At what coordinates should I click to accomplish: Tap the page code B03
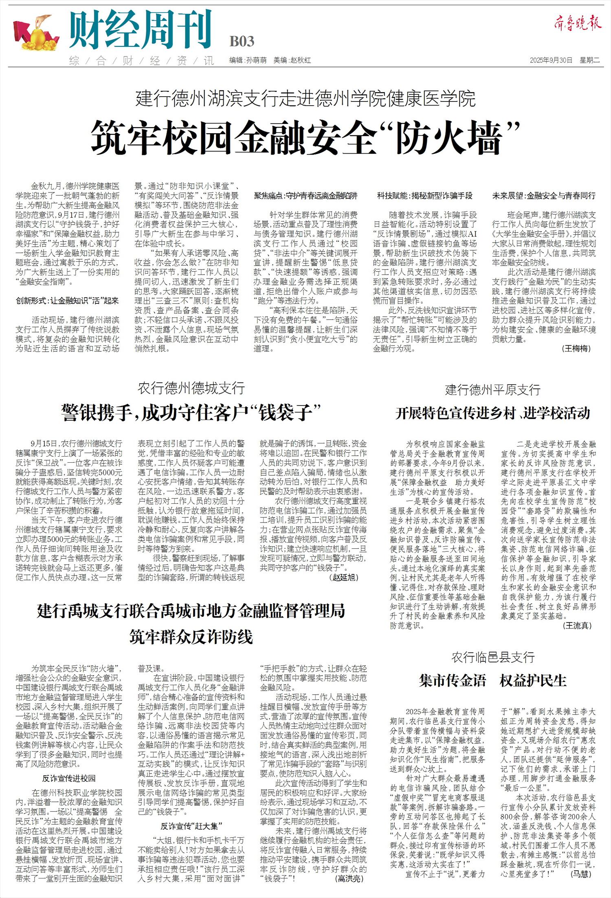tap(242, 42)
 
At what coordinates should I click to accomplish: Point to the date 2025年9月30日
tap(551, 60)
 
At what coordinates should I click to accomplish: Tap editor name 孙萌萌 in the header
tap(256, 60)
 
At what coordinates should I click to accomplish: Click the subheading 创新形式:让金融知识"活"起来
tap(67, 301)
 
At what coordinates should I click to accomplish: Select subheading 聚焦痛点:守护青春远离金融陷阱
tap(305, 196)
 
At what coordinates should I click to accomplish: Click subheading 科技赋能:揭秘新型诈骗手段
tap(424, 196)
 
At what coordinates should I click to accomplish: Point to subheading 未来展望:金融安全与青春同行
tap(544, 196)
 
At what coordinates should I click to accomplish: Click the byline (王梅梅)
tap(576, 348)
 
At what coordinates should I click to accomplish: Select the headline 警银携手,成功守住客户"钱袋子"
tap(191, 413)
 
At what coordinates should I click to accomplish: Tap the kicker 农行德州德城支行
tap(191, 388)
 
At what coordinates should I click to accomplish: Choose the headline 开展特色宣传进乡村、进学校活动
tap(492, 413)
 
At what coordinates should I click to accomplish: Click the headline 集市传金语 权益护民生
tap(492, 680)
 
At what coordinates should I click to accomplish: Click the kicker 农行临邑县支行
tap(492, 657)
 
